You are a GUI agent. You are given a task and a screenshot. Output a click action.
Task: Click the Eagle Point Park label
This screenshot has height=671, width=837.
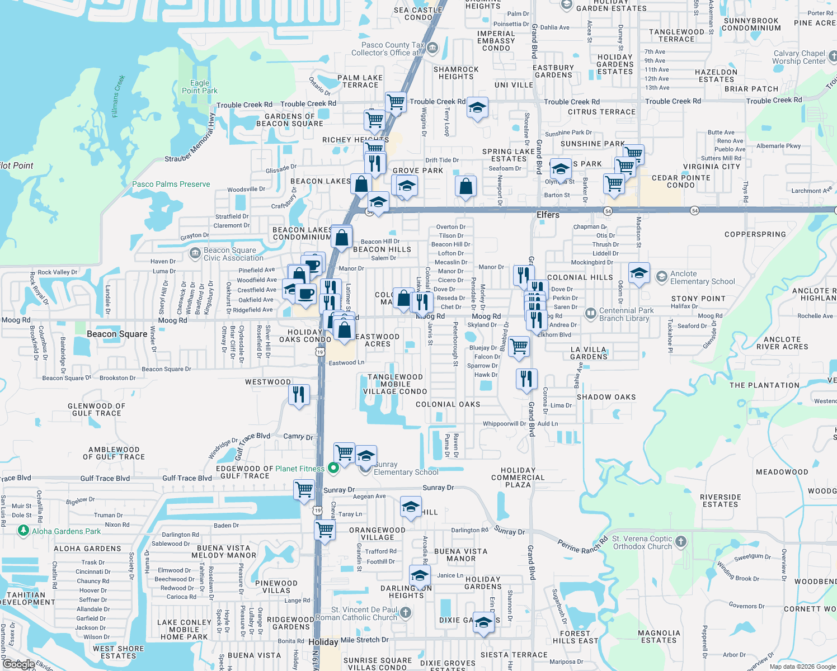(200, 87)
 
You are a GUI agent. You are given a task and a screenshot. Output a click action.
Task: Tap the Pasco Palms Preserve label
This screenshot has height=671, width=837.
(171, 184)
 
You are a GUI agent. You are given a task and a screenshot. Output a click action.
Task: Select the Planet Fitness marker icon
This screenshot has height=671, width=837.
(333, 468)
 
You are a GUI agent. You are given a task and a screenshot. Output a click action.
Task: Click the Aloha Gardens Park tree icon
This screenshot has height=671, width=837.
(23, 530)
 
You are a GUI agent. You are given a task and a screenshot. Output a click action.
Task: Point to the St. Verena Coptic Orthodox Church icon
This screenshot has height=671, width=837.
(681, 541)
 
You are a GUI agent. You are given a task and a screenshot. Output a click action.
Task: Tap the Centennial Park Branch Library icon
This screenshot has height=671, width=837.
(590, 314)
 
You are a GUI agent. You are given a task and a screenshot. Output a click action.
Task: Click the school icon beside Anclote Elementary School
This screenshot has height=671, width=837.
(639, 273)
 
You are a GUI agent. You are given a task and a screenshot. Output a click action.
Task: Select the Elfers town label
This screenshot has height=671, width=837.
(548, 215)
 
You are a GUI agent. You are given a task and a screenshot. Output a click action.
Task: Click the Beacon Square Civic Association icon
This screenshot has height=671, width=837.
(195, 253)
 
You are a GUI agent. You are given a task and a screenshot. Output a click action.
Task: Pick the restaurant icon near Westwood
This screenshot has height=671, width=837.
(299, 395)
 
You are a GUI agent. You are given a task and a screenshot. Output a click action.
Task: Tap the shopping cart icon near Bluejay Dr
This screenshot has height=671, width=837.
(519, 346)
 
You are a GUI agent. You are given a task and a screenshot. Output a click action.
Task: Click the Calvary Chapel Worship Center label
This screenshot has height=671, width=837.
(799, 57)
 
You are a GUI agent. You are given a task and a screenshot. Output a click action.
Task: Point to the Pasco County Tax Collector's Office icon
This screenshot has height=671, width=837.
(432, 48)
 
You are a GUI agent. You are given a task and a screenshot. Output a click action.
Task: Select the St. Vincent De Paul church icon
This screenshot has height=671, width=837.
(406, 613)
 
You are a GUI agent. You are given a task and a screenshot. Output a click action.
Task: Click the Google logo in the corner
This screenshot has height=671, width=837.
(18, 664)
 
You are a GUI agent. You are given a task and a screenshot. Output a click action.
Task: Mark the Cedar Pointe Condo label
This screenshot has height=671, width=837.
(681, 181)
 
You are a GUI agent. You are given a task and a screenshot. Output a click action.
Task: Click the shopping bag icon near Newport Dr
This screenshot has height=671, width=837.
(465, 186)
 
